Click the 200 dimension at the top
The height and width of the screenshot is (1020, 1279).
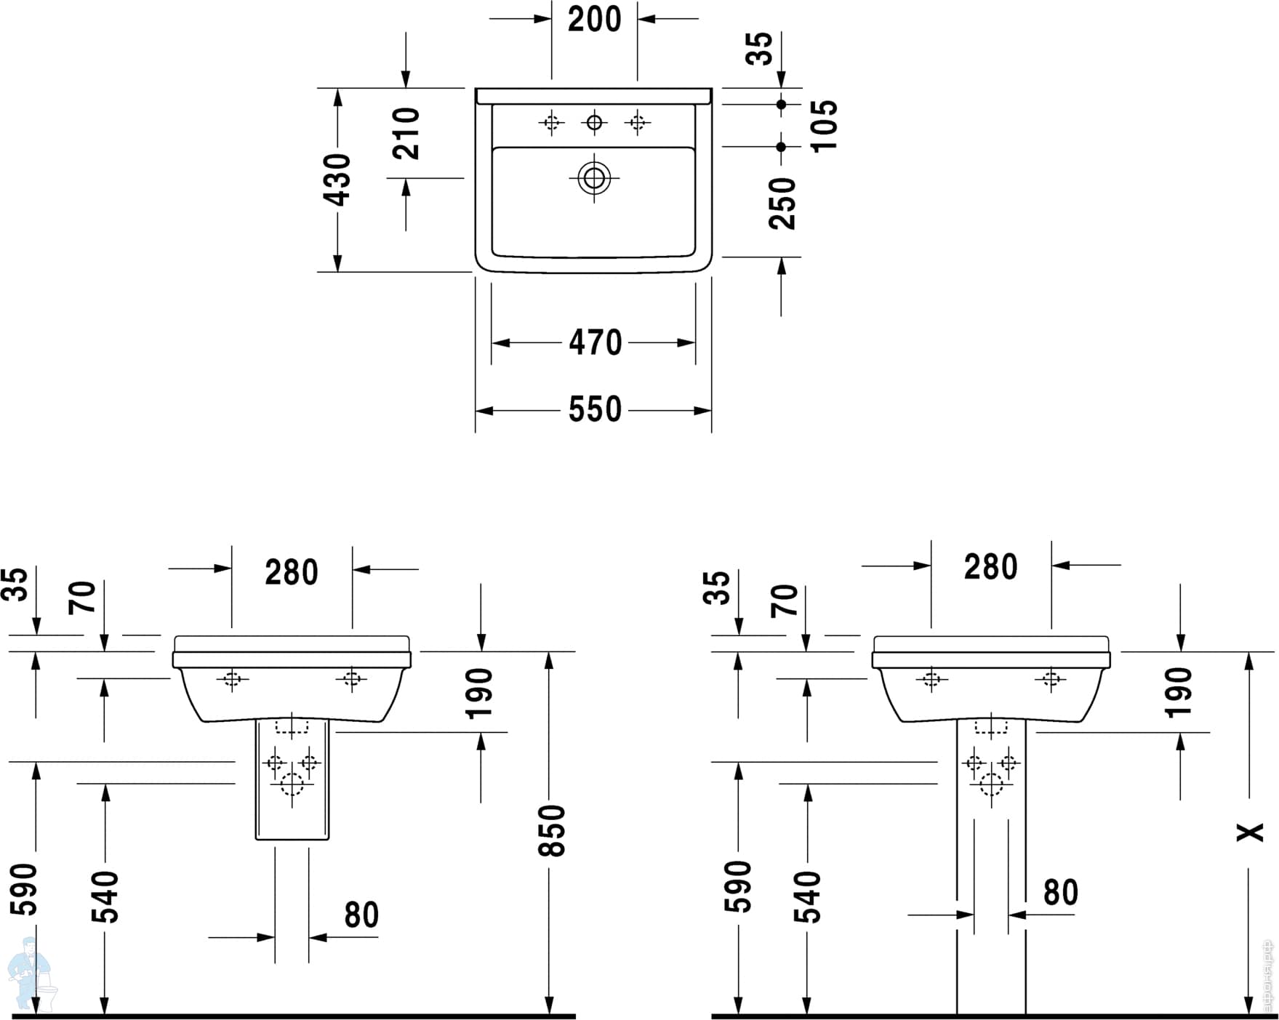(595, 20)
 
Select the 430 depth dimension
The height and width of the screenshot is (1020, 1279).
(339, 180)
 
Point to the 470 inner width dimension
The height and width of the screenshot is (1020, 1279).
(596, 342)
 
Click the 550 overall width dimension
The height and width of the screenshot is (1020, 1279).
(596, 409)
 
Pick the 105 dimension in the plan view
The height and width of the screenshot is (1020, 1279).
(824, 126)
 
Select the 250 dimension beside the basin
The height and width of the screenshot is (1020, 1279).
(783, 204)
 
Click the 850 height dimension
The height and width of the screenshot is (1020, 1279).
(553, 830)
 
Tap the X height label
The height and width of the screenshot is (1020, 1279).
(1251, 832)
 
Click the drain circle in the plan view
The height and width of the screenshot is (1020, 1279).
(594, 178)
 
